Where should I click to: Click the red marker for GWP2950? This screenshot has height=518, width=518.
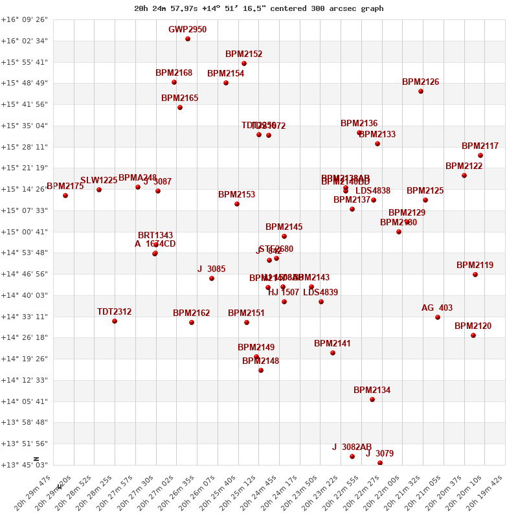[x=188, y=39]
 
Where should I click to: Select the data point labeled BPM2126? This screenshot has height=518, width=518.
[x=421, y=91]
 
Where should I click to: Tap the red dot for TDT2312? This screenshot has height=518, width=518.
[x=115, y=321]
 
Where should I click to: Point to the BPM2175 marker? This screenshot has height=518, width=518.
[x=65, y=196]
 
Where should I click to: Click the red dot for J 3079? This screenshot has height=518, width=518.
[x=380, y=463]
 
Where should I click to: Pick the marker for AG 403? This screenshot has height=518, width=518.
[x=438, y=317]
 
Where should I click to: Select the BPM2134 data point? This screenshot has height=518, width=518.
[x=372, y=400]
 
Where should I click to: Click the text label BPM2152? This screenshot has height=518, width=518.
[x=243, y=54]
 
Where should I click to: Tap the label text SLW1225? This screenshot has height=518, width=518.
[x=98, y=181]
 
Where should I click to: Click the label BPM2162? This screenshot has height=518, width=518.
[x=191, y=313]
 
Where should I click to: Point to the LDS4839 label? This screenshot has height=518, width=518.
[x=321, y=293]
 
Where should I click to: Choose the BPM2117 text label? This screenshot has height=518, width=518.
[x=480, y=146]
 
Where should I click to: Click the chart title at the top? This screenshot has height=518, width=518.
[x=258, y=8]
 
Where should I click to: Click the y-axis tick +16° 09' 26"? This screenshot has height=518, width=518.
[x=25, y=20]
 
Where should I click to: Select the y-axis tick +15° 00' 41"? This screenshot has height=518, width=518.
[x=25, y=232]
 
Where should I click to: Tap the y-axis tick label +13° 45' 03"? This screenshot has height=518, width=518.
[x=25, y=465]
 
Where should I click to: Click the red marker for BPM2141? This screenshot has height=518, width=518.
[x=333, y=353]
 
